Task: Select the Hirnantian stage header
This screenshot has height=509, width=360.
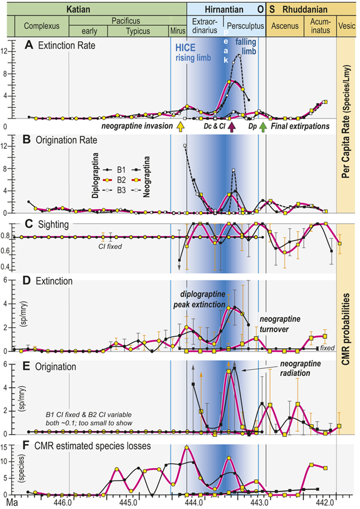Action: click(x=218, y=8)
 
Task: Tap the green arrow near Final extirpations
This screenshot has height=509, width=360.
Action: click(x=263, y=127)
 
